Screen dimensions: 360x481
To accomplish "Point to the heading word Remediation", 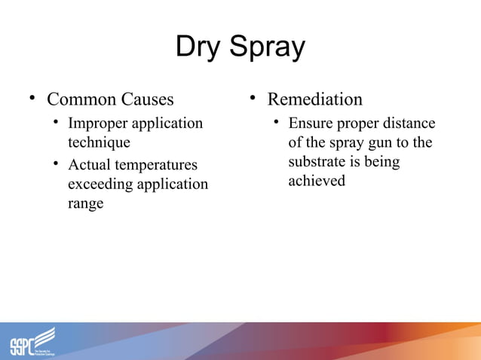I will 315,99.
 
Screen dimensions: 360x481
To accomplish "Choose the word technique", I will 99,142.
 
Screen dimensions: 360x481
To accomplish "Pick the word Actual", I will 90,165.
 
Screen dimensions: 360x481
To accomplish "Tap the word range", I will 85,203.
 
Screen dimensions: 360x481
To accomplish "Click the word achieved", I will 317,181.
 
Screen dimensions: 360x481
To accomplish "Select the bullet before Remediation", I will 253,99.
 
